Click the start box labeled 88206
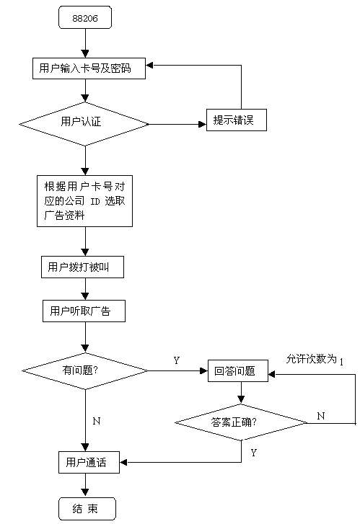click(x=85, y=17)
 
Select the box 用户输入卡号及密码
click(x=89, y=68)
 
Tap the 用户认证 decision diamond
click(x=84, y=124)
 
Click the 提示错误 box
click(x=236, y=120)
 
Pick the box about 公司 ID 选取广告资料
click(x=84, y=201)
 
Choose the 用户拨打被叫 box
click(x=82, y=267)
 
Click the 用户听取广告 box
click(x=84, y=311)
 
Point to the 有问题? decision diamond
click(x=85, y=370)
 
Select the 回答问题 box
click(x=238, y=370)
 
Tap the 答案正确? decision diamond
click(x=241, y=422)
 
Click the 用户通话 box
click(x=89, y=462)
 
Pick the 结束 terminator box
click(x=87, y=509)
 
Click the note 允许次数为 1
click(x=315, y=359)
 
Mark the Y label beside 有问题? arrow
click(x=177, y=360)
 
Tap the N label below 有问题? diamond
click(x=97, y=421)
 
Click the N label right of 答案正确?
click(x=321, y=416)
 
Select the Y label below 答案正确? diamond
click(x=254, y=453)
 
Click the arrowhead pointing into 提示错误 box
click(x=203, y=124)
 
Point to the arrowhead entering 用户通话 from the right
click(x=123, y=463)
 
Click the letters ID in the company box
click(x=95, y=201)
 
